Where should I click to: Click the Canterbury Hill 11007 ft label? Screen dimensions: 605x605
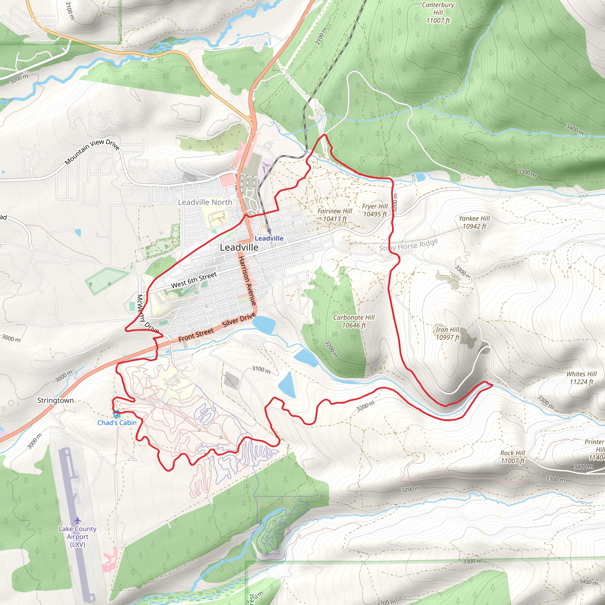pos(438,13)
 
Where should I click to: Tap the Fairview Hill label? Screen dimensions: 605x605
pos(335,215)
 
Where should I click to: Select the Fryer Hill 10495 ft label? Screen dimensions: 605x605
pos(375,210)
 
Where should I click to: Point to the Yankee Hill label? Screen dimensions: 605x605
pos(474,222)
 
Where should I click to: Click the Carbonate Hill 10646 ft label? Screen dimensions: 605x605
pos(354,321)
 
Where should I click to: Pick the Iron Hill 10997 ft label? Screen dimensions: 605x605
pos(448,333)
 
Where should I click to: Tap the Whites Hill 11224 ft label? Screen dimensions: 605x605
pos(581,378)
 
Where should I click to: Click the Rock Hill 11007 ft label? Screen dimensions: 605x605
pos(513,457)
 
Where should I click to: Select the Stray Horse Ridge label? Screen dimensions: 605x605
pos(408,245)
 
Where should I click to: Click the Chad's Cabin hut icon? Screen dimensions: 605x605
pos(116,414)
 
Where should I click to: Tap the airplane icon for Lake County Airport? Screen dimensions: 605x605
pos(78,521)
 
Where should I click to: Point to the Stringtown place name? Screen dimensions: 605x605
pos(56,401)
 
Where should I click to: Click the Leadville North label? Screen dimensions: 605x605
pos(205,202)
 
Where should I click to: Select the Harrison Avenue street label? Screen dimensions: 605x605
pos(247,281)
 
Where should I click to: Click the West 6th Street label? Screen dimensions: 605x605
pos(194,280)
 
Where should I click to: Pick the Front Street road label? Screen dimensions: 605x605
pos(196,335)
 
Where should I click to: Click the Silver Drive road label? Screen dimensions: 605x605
pos(239,320)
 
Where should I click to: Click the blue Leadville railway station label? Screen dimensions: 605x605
pos(269,238)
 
